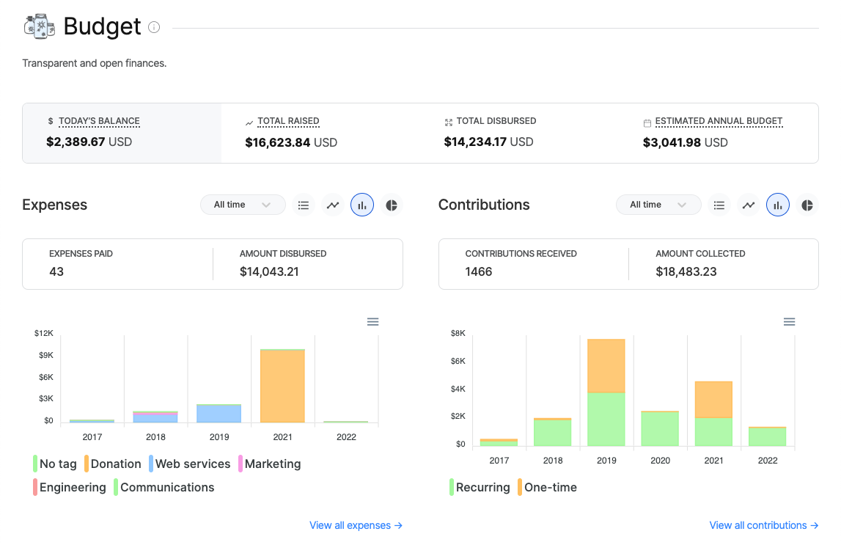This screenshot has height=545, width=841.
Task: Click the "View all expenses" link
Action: coord(356,525)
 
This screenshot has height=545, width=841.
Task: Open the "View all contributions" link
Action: coord(763,525)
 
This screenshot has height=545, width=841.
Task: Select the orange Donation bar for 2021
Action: coord(282,387)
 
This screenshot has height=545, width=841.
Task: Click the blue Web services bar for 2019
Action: coord(219,414)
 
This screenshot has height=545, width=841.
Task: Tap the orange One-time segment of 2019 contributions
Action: coord(606,366)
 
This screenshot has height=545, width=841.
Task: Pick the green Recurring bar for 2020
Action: coord(660,428)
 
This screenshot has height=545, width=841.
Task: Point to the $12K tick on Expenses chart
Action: coord(44,333)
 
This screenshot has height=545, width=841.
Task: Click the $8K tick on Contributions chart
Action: coord(458,333)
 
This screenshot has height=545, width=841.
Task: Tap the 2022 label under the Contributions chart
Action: coord(768,461)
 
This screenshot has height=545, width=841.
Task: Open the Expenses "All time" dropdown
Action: coord(243,205)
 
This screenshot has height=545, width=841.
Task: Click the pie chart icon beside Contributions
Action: coord(807,205)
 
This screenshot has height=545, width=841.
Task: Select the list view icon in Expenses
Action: coord(304,205)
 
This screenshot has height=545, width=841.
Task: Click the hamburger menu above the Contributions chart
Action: coord(789,321)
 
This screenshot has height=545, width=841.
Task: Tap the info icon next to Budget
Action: coord(154,27)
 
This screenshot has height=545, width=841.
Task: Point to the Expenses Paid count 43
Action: coord(56,271)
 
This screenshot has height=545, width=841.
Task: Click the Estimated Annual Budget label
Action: coord(719,121)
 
